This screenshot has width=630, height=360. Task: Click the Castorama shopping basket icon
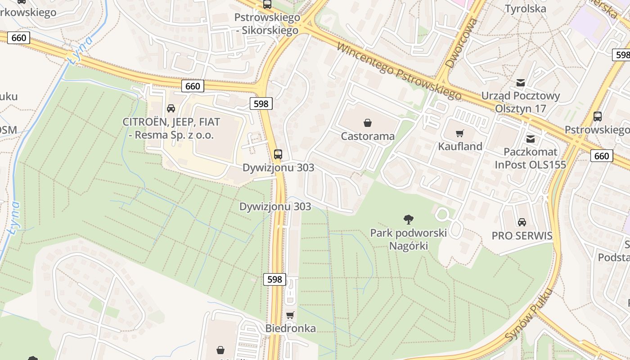pos(368,122)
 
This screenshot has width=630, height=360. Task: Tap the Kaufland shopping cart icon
pos(459,133)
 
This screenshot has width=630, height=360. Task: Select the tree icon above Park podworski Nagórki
pos(409,220)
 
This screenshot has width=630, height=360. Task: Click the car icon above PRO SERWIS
pos(522,222)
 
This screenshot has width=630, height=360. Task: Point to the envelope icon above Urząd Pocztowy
pos(521,83)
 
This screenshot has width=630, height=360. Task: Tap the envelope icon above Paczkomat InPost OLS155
pos(531,139)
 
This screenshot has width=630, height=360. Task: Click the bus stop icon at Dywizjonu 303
pos(278,154)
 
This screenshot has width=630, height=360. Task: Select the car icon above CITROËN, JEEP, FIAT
pos(171,108)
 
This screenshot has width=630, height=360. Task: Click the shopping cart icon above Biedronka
pos(290,315)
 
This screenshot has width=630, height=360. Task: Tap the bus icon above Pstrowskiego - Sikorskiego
pos(267,4)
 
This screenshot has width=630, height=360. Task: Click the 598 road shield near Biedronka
pos(274,279)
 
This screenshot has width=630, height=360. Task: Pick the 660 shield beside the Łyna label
pos(19,38)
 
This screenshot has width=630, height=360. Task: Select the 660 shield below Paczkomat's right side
pos(601,156)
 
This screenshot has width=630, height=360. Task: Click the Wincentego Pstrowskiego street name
pos(399,71)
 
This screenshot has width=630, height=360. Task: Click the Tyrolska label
pos(525,9)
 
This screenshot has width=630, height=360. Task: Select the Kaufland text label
pos(460,146)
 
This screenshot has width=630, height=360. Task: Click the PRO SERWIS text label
pos(522,236)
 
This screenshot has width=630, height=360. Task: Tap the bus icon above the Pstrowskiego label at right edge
pos(598,117)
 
